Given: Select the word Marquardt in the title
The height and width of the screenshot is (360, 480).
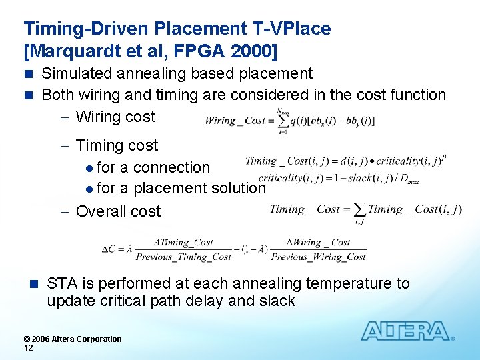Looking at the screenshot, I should [73, 51].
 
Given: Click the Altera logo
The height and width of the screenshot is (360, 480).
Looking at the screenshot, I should [406, 331].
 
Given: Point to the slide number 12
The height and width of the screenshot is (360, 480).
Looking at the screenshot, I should [29, 348].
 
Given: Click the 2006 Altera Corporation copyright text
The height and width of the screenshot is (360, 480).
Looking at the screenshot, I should [73, 339].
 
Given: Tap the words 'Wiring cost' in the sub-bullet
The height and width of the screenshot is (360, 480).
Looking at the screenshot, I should [115, 117].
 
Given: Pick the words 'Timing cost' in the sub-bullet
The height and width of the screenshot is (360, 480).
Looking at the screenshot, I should [117, 145].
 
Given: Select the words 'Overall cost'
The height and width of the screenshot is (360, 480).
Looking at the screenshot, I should [118, 211].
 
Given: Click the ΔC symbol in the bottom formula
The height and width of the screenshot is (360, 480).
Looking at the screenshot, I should [109, 249].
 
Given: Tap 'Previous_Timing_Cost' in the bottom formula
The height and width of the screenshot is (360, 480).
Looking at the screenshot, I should [183, 257].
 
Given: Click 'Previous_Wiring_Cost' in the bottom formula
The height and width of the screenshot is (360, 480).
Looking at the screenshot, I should [319, 257].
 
